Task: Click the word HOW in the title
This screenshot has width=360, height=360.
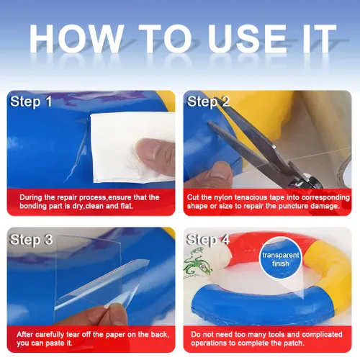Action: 76,38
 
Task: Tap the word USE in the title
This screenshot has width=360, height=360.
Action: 247,38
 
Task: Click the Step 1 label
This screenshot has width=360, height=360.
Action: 31,102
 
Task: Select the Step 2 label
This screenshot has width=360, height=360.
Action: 208,102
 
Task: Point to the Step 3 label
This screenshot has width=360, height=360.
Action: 31,240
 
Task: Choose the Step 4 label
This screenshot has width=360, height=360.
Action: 208,240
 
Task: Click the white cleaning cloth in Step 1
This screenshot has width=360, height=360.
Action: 132,147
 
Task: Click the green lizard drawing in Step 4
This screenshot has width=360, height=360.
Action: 198,264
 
